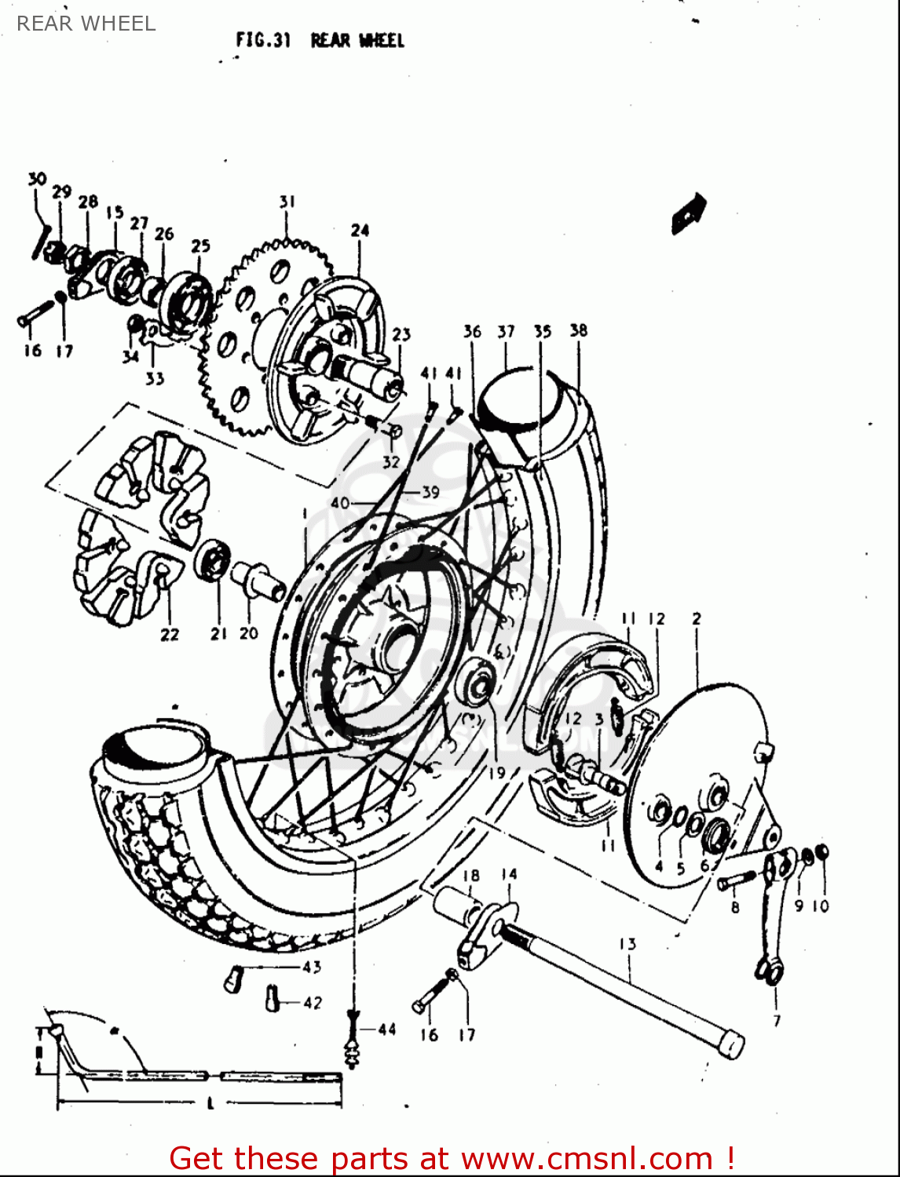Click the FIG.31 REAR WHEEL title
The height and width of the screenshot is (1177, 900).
pos(320,40)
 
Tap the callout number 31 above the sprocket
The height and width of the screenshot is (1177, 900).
pos(287,202)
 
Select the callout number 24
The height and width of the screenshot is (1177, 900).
pos(360,230)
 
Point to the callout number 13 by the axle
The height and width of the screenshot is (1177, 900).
pos(627,944)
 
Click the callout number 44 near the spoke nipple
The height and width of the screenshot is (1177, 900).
pos(386,1029)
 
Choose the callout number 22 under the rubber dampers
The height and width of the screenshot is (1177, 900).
pos(170,635)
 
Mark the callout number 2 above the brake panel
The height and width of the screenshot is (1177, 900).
pos(697,619)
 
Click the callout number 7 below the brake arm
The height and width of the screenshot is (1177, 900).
pos(777,1020)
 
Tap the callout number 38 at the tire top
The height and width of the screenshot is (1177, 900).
pos(578,330)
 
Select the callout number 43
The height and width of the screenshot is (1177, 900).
pos(312,967)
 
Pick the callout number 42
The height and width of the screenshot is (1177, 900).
pos(312,1002)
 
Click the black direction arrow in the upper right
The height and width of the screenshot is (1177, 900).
pos(689,213)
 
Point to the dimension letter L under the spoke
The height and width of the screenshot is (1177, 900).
pos(210,1104)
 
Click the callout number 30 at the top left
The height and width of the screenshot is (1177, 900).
pos(37,180)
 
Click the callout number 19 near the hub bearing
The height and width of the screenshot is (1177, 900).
pos(496,773)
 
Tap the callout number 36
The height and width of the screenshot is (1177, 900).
pos(471,331)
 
